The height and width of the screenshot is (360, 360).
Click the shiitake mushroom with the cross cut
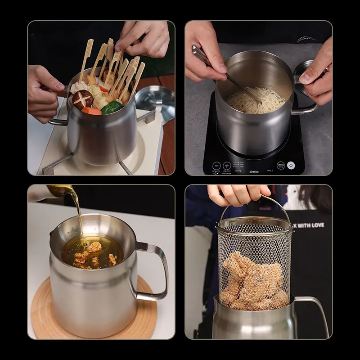tap(82, 99)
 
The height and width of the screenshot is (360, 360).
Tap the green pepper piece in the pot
tap(112, 107)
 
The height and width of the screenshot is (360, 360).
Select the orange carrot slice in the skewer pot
tap(91, 111)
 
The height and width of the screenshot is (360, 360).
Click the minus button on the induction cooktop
tap(216, 166)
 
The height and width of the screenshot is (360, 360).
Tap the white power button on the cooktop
tap(291, 165)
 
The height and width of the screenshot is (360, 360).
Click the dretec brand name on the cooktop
tap(254, 171)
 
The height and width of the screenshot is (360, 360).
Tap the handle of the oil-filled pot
tap(153, 270)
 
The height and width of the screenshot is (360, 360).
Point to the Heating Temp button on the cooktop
tap(280, 166)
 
